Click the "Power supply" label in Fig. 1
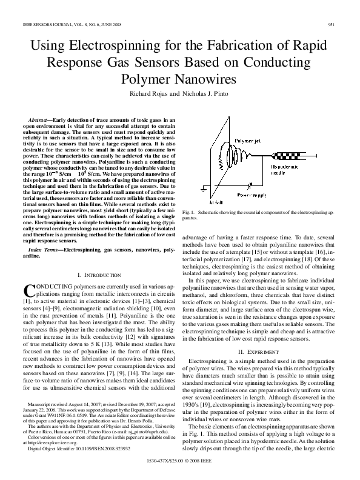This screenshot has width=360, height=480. pyautogui.click(x=250, y=195)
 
